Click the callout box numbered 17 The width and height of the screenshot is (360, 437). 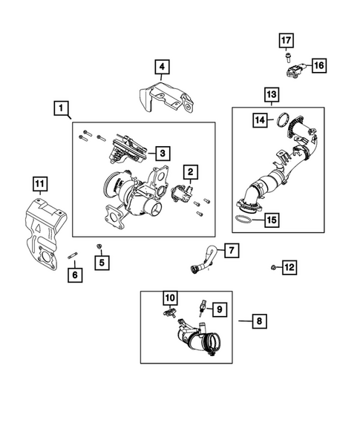286,41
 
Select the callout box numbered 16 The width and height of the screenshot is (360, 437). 318,65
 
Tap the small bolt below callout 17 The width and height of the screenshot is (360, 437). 287,58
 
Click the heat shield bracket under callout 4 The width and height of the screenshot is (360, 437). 166,97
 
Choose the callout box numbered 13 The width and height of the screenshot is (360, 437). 272,95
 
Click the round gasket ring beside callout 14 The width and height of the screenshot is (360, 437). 283,119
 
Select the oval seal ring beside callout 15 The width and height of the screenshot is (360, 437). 243,219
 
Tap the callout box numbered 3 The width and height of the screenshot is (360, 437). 163,153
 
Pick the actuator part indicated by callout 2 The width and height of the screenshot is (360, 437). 182,193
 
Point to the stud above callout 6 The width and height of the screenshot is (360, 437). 73,255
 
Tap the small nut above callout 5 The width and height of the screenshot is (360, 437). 99,246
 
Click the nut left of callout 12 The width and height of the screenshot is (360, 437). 274,268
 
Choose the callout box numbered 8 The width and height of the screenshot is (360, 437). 259,321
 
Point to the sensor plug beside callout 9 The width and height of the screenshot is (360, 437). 202,308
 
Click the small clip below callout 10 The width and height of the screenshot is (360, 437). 169,312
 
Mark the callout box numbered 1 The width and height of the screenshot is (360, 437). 61,108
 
